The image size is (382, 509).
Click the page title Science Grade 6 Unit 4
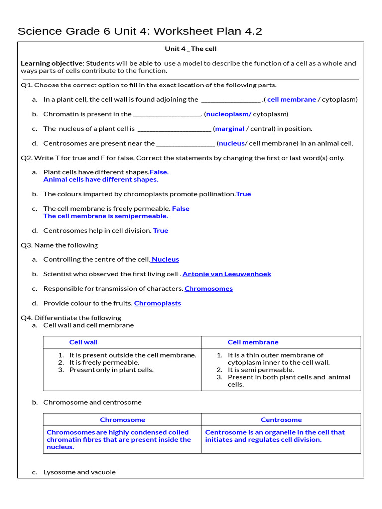(x=140, y=31)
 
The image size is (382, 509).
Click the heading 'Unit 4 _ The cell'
(x=191, y=49)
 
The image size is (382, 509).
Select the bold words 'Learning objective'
(x=51, y=63)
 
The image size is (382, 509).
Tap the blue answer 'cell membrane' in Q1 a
(x=291, y=99)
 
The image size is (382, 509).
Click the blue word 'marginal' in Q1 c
(x=230, y=129)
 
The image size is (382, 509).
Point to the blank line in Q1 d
(x=186, y=144)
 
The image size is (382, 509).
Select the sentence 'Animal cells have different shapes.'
(x=100, y=179)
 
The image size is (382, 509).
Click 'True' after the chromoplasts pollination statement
(x=243, y=194)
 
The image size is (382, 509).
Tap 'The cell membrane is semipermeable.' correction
(x=105, y=216)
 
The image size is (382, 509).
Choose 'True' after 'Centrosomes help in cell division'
(x=160, y=231)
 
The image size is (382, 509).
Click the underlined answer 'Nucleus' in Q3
(x=165, y=259)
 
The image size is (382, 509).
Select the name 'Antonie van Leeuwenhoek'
(x=227, y=274)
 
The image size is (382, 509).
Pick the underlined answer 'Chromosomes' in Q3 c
(x=208, y=289)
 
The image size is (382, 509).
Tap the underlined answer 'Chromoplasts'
(x=157, y=303)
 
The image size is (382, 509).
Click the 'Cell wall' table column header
(x=83, y=342)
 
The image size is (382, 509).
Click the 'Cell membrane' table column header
(x=253, y=342)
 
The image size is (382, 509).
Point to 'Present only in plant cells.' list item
(x=111, y=370)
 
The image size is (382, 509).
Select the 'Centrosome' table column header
(x=281, y=420)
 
